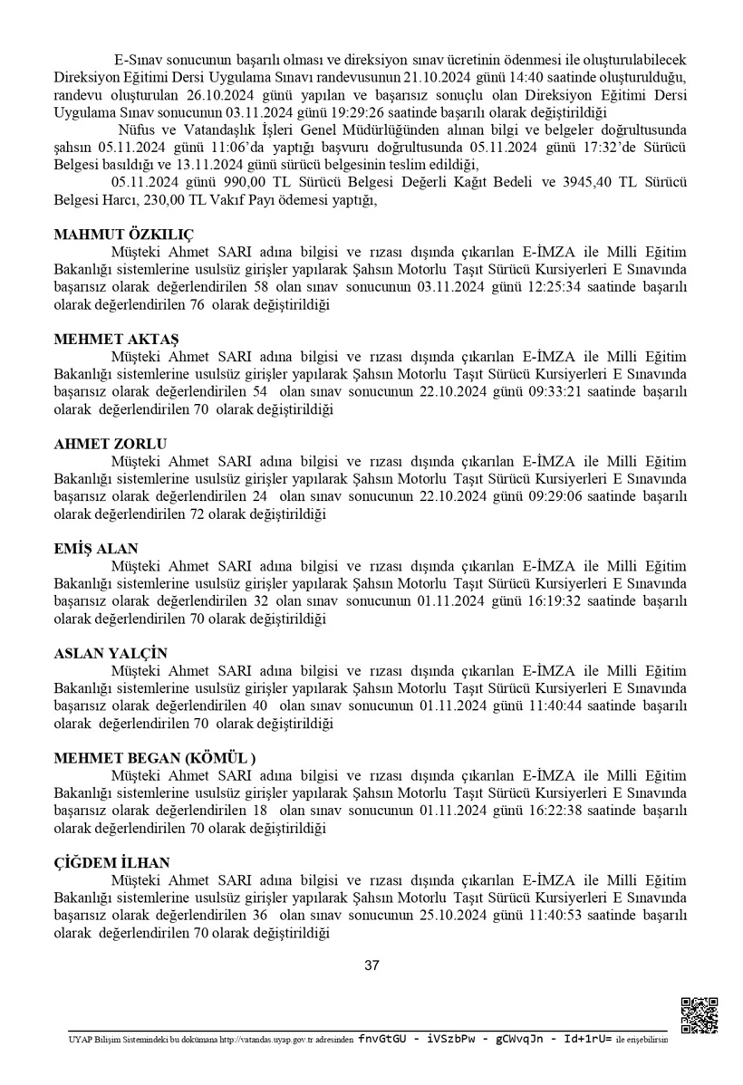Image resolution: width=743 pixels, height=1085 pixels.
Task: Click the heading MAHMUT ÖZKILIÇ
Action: click(x=124, y=234)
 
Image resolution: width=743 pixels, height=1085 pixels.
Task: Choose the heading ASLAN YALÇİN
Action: click(x=111, y=654)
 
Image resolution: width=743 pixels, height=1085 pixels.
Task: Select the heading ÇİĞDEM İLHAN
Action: click(x=111, y=863)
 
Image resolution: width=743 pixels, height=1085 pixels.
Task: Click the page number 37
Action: click(x=371, y=965)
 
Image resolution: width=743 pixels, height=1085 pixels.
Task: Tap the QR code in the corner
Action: click(x=699, y=1015)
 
